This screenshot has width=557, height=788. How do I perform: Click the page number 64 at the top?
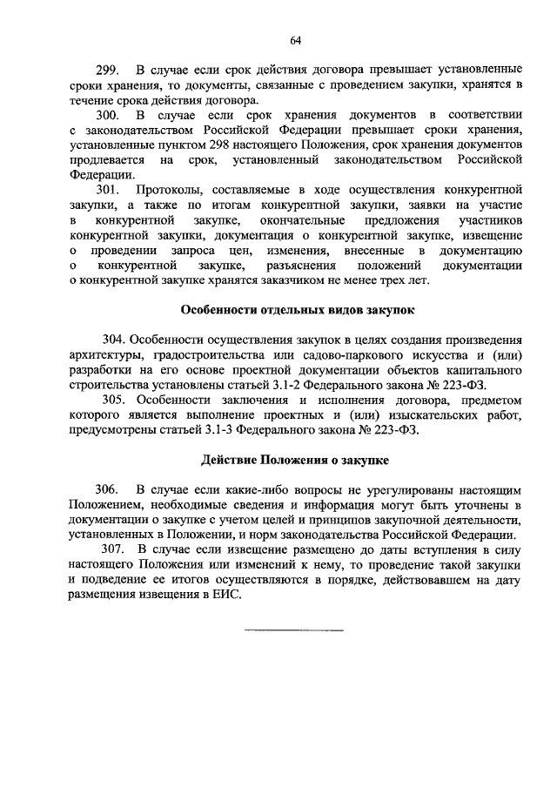[x=296, y=40]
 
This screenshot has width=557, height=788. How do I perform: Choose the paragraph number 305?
[x=116, y=399]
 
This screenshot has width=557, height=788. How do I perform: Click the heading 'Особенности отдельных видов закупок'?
[x=295, y=309]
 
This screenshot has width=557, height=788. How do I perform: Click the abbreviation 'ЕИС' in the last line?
[x=225, y=595]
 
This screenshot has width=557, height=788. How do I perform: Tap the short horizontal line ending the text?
[x=294, y=630]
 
